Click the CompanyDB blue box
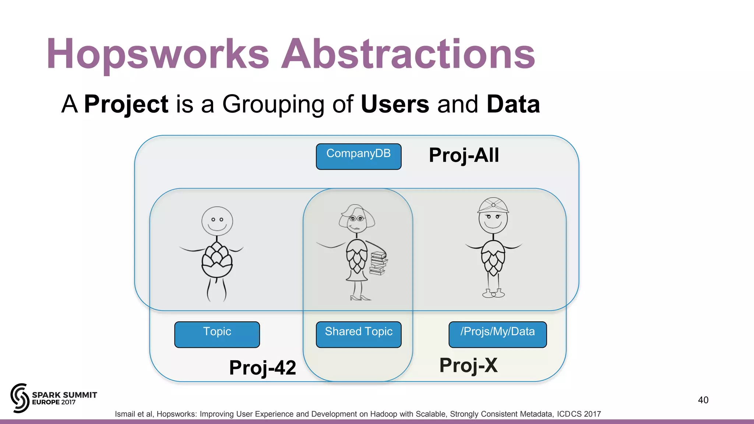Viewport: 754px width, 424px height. click(x=358, y=156)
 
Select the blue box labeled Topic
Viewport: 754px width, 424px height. click(x=217, y=334)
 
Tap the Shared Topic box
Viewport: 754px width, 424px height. click(x=358, y=334)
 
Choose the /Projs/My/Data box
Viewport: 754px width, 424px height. click(x=497, y=334)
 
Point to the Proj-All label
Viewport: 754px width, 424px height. click(x=464, y=155)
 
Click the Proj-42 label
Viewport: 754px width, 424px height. click(x=263, y=367)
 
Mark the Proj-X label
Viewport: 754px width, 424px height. click(x=468, y=365)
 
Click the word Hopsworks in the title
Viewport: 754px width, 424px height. click(x=158, y=54)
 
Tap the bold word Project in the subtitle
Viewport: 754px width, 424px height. click(x=126, y=104)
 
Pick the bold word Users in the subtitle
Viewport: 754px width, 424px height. click(x=395, y=104)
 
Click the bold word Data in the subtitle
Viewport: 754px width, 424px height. click(x=513, y=104)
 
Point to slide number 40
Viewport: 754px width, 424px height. click(x=703, y=400)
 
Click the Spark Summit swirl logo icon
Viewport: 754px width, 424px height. click(x=20, y=398)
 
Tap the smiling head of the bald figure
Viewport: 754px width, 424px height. click(x=217, y=221)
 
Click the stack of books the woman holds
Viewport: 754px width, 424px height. click(x=378, y=263)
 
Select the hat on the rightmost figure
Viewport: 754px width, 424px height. click(x=493, y=205)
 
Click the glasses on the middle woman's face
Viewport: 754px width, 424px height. click(x=356, y=218)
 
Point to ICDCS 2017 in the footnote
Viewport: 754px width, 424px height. click(x=579, y=414)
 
